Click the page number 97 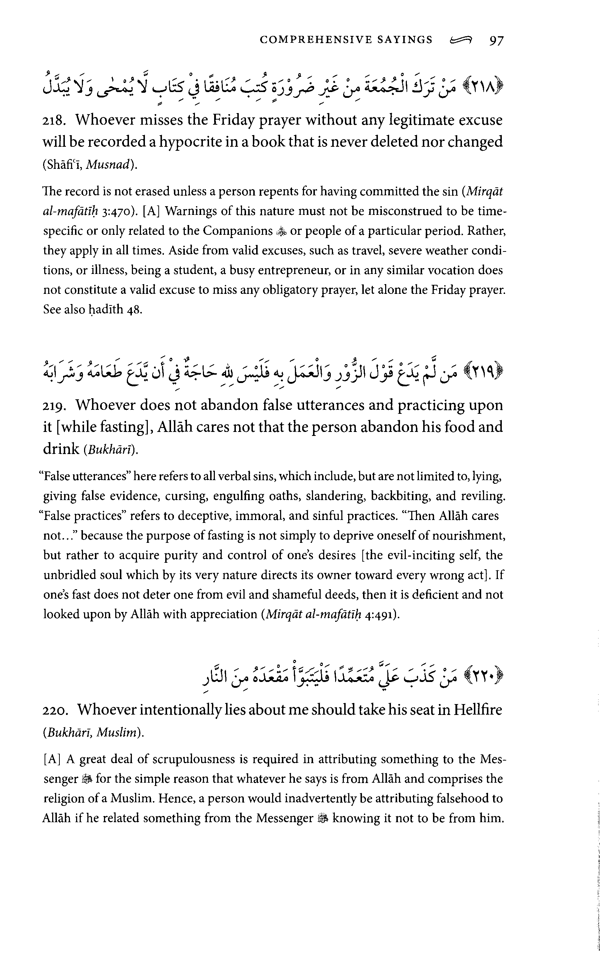click(x=496, y=41)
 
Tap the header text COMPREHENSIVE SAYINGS click(x=346, y=40)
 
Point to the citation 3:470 click(x=118, y=211)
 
